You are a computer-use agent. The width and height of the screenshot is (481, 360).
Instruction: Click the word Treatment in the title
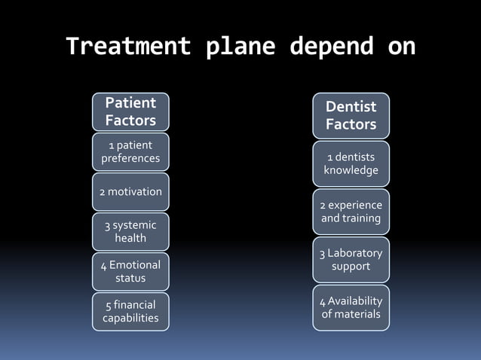pos(127,47)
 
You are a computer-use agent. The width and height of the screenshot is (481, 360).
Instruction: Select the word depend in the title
pos(332,47)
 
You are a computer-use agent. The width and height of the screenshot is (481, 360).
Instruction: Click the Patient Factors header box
pos(130,111)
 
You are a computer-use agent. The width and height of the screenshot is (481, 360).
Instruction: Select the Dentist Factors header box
pos(351,116)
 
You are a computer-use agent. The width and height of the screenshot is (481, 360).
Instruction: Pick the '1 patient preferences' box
pos(130,151)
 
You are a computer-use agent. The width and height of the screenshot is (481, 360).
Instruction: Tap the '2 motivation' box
pos(130,192)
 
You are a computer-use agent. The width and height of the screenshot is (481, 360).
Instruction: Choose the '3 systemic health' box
pos(130,232)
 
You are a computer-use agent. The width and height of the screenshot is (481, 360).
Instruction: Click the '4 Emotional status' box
pos(130,272)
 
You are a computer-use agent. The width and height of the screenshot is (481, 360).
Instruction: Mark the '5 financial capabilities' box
pos(130,312)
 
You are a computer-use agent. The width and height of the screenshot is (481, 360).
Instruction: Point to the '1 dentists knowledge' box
pos(351,163)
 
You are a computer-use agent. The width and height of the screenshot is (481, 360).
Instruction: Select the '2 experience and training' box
pos(351,212)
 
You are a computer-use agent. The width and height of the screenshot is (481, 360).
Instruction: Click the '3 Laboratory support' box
pos(351,260)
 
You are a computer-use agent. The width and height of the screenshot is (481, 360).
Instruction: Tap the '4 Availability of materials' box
pos(351,307)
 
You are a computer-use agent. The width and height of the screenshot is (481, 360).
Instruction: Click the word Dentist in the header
pos(351,107)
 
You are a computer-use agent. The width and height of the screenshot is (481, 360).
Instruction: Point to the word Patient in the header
pos(130,102)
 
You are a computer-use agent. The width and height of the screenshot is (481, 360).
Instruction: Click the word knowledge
pos(351,170)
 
